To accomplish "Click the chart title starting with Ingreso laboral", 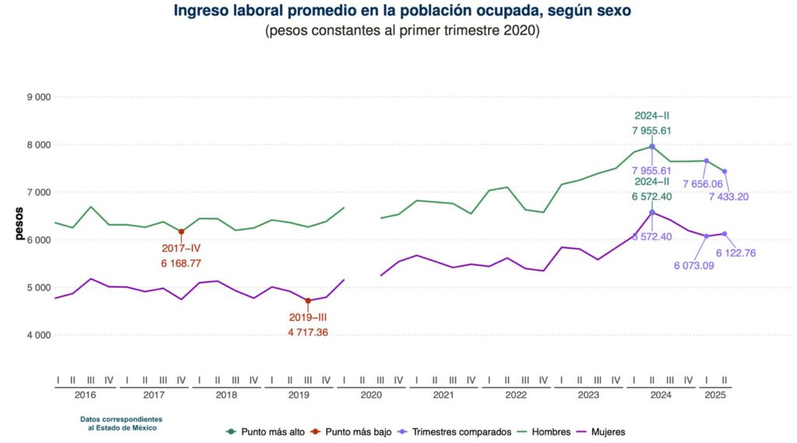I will click(x=402, y=11).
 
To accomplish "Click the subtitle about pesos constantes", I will click(x=402, y=31).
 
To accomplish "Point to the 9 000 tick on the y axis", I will click(x=38, y=97).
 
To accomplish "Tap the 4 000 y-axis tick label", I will click(x=38, y=335).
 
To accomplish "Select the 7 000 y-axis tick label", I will click(x=38, y=192).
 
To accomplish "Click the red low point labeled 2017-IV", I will click(x=181, y=231).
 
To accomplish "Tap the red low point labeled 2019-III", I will click(x=308, y=301).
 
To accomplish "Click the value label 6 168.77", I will click(x=181, y=264).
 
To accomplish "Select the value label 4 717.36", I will click(x=308, y=333).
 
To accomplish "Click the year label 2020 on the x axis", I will click(x=370, y=396).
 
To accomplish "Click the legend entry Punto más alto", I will click(x=264, y=431).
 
